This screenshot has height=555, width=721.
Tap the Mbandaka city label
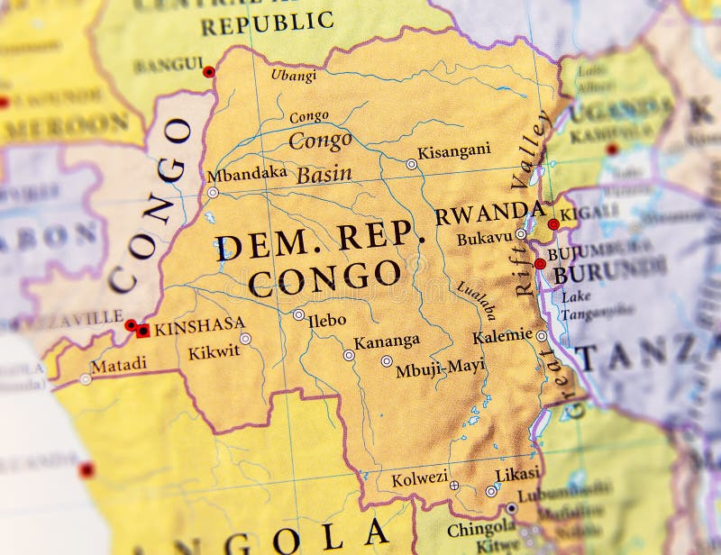pos(247,174)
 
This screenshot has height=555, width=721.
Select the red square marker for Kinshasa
pos(143,331)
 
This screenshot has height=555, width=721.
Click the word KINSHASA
pos(199,327)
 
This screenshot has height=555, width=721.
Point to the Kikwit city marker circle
pos(245,339)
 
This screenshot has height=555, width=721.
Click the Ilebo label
pos(326,320)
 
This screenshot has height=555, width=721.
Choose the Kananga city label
pos(387,341)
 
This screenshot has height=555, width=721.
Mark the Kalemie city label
pos(502,336)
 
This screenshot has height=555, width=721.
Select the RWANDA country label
pos(489,214)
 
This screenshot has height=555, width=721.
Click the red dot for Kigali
pos(553,224)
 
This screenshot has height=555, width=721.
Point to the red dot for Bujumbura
pos(540,264)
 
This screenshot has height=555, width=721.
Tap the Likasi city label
pos(517,474)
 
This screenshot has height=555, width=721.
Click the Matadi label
pos(117,365)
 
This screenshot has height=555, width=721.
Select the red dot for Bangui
pos(209,72)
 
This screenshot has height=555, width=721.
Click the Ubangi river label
pos(294,76)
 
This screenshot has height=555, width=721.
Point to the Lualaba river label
pos(476,300)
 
